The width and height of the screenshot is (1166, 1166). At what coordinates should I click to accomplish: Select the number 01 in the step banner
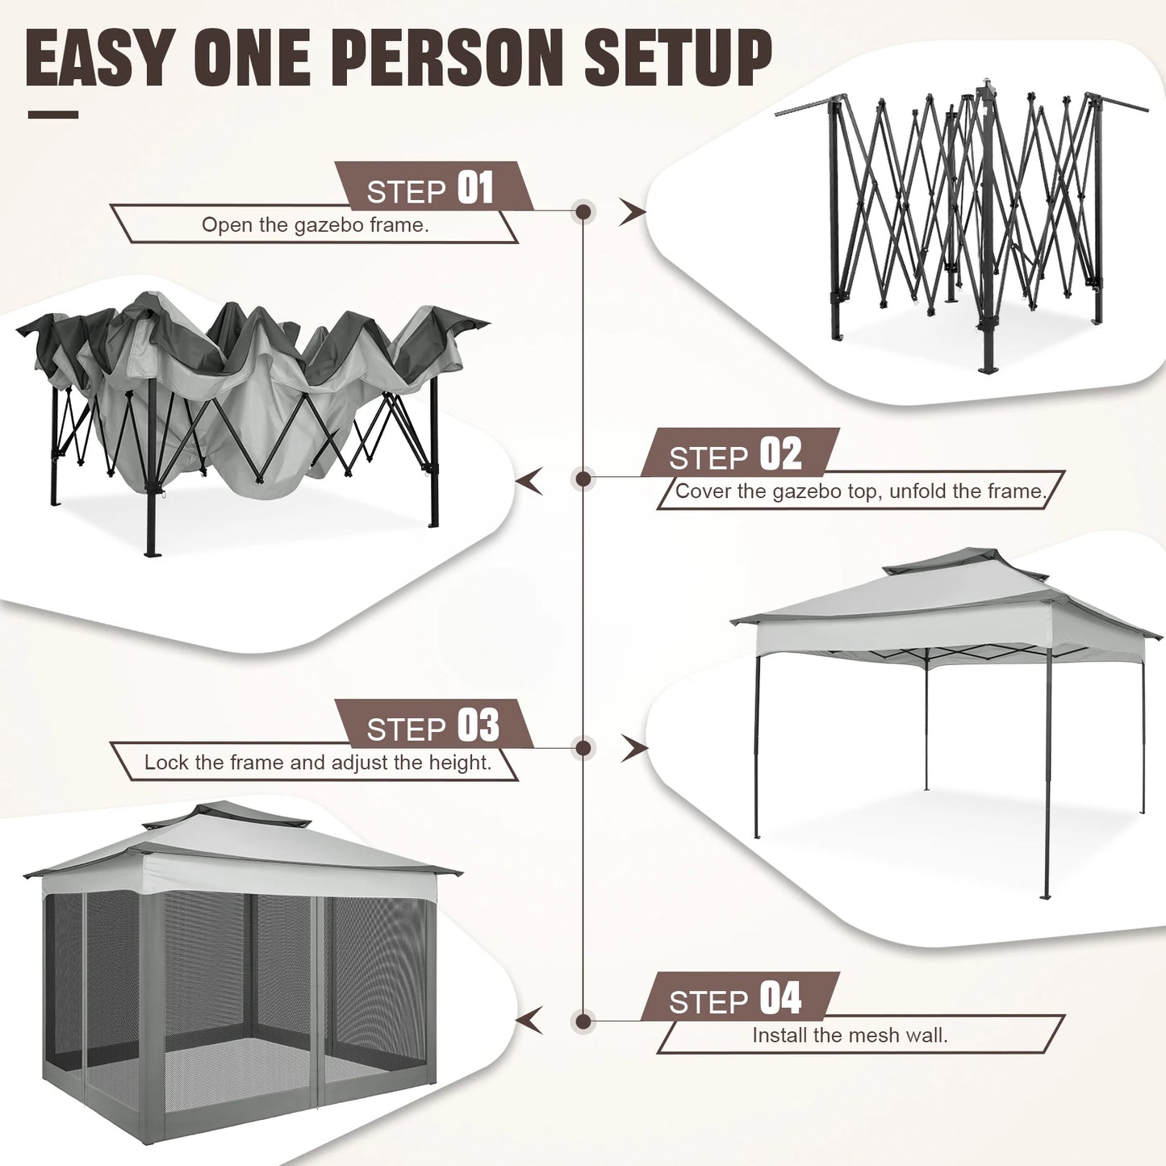point(475,188)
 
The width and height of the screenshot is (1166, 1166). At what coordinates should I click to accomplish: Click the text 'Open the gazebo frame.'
point(315,225)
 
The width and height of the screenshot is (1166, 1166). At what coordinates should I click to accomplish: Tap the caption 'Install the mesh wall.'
point(850,1035)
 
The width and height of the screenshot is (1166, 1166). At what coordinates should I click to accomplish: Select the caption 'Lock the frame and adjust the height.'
point(318,763)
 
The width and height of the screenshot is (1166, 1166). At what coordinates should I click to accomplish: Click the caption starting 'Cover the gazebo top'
point(860,491)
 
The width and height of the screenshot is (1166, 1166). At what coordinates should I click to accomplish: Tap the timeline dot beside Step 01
point(583,212)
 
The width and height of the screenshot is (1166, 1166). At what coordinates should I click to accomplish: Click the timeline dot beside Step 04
point(583,1022)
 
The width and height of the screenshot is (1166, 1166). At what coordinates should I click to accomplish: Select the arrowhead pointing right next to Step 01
point(633,212)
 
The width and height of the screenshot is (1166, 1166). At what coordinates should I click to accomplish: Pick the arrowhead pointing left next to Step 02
point(529,482)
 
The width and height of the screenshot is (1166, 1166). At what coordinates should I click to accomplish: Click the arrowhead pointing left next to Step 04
point(529,1021)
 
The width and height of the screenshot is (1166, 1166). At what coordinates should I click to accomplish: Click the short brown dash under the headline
point(53,115)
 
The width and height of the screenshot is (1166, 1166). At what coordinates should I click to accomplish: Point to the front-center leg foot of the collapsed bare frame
point(987,368)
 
